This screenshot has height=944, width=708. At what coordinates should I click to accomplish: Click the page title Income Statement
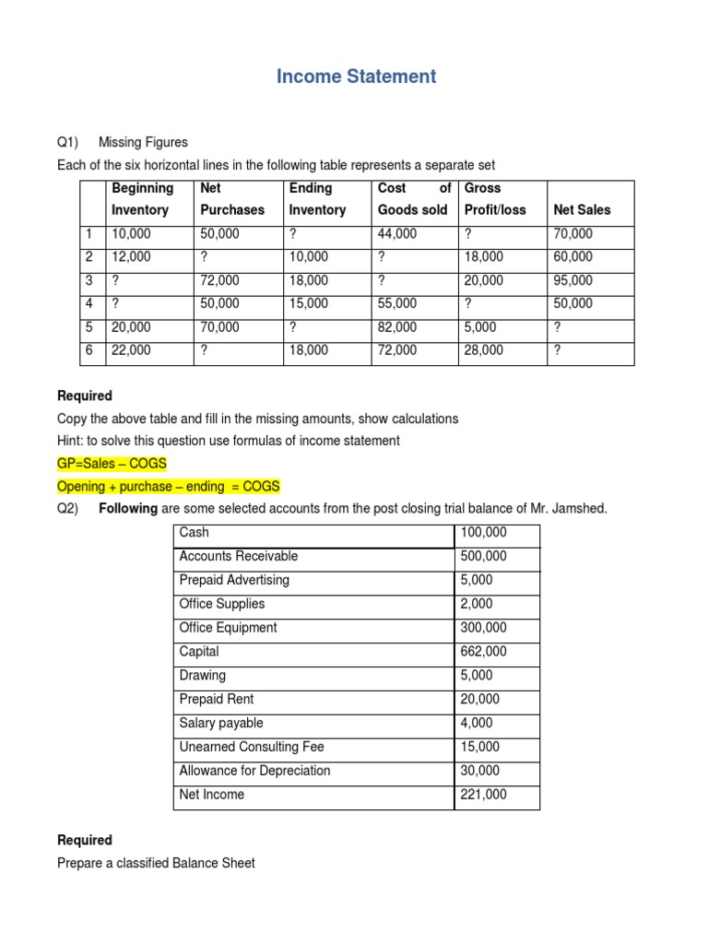pos(356,77)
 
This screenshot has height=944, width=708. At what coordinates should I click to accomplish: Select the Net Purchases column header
pos(232,199)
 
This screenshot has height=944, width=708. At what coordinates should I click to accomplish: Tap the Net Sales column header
pos(582,210)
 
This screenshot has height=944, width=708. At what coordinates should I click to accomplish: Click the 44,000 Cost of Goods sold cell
pos(397,234)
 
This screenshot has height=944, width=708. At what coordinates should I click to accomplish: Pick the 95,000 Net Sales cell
pos(573,280)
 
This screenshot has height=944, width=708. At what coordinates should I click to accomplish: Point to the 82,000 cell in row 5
pos(397,326)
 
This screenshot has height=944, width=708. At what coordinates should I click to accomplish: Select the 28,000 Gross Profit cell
pos(484,350)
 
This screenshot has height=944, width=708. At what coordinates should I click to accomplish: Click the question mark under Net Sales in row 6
pos(557,350)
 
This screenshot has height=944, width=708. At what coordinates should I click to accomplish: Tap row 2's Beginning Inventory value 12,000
pos(131,257)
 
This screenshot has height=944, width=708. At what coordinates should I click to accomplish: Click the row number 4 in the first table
pos(88,303)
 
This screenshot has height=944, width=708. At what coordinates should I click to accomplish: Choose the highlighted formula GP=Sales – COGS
pos(112,464)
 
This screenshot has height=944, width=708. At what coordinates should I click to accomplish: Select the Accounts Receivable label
pos(238,556)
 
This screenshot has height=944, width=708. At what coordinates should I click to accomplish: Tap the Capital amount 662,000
pos(484,651)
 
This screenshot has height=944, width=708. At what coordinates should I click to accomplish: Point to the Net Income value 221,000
pos(484,794)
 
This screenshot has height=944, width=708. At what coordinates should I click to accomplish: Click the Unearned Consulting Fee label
pos(252,747)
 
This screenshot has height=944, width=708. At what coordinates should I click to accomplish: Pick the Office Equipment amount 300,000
pos(484,628)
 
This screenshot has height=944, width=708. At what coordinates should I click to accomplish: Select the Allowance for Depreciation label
pos(254,771)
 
